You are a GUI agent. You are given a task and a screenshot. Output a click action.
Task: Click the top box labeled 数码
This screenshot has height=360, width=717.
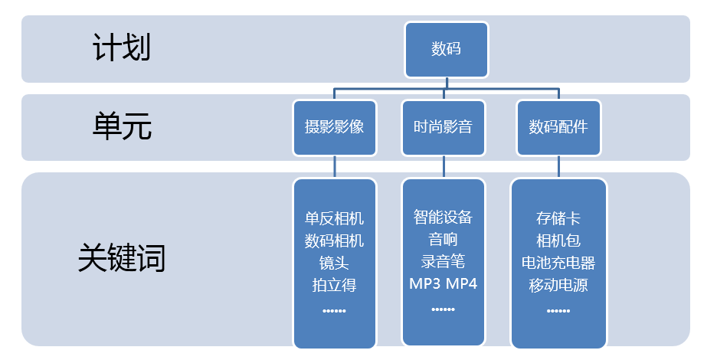pos(446,50)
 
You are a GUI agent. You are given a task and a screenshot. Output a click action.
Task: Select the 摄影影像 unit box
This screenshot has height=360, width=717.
pos(334,127)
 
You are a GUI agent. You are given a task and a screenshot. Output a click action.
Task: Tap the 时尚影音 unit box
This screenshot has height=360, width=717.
pos(444,127)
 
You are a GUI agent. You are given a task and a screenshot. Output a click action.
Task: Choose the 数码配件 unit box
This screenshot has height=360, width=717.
pos(558,127)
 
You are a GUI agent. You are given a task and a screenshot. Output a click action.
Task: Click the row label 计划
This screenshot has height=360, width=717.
pos(122,48)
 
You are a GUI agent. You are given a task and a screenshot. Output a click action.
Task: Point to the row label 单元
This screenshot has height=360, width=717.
pos(122,126)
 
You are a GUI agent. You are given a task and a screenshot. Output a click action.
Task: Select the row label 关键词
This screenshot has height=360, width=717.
pos(122,259)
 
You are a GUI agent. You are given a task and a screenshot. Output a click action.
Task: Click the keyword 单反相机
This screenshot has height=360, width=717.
pos(334,218)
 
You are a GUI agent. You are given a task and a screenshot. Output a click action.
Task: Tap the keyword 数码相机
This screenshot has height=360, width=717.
pos(334,241)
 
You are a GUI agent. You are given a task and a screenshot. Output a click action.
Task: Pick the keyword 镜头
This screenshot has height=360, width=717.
pos(334,263)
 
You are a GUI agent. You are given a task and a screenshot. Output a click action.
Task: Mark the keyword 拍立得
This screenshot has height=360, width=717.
pos(334,285)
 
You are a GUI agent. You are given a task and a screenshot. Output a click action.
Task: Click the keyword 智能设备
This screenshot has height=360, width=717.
pos(444,217)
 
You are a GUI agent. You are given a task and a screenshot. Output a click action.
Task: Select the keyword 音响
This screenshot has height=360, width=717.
pos(444,240)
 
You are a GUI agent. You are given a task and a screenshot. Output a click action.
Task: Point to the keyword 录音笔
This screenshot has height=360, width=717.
pos(444,262)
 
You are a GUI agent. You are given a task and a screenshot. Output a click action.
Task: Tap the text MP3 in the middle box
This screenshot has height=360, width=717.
pos(424,284)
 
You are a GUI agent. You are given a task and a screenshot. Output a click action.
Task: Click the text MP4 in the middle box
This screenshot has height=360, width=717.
pos(463,284)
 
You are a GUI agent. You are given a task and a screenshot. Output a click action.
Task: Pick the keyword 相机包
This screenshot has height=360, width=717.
pos(558,241)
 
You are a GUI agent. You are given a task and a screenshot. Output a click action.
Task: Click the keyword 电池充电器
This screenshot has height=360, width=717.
pos(558,263)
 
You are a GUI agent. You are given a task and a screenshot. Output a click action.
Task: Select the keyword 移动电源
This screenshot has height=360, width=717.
pos(558,286)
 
